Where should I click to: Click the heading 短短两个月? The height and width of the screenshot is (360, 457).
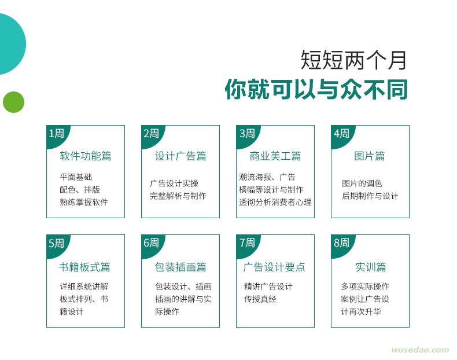tap(353, 60)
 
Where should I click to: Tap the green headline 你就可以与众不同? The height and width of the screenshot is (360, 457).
tap(316, 89)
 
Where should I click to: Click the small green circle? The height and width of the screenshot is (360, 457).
tap(13, 102)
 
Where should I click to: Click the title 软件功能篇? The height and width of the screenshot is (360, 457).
tap(86, 156)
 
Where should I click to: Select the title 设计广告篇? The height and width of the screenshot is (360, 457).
tap(180, 156)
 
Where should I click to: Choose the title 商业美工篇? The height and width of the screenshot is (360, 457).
tap(275, 156)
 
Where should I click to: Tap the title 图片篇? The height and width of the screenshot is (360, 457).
tap(370, 156)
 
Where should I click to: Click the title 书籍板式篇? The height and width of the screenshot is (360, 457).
tap(84, 267)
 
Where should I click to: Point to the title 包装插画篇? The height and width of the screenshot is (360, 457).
tap(180, 267)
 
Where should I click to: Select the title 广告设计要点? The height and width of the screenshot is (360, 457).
tap(274, 267)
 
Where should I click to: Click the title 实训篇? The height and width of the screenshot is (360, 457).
tap(371, 267)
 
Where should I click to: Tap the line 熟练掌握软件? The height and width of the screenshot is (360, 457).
tap(84, 202)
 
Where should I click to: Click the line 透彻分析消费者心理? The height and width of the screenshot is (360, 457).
tap(275, 202)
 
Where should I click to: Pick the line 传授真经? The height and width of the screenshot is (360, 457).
tap(260, 299)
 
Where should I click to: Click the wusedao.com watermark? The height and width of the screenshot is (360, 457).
tap(421, 350)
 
